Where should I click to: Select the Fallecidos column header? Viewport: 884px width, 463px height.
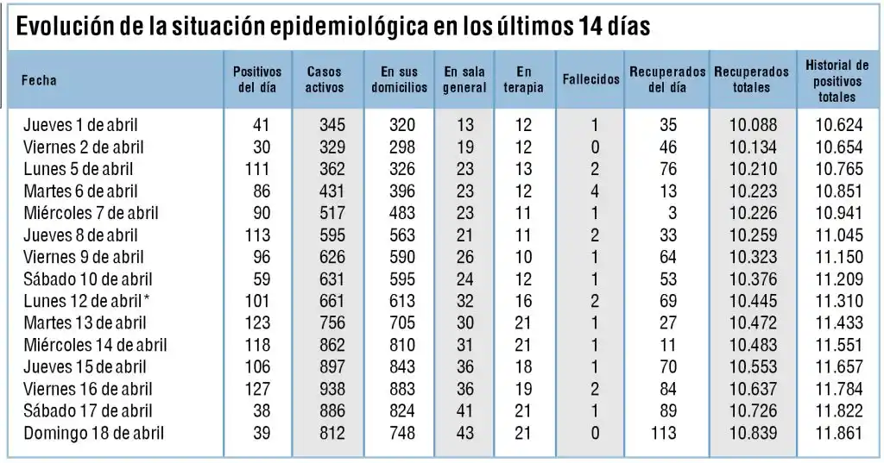click(590, 79)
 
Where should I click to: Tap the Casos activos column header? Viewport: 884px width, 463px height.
click(325, 79)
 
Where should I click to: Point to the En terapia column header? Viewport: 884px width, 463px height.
click(523, 79)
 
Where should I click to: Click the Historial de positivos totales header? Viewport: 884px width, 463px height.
click(837, 80)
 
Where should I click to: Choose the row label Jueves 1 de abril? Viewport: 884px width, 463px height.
click(80, 125)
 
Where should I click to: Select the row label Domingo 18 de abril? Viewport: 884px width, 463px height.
click(94, 433)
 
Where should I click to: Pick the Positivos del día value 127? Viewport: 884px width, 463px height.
click(257, 389)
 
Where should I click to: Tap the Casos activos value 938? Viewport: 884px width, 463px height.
click(331, 389)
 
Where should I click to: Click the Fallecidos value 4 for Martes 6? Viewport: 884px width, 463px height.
click(595, 191)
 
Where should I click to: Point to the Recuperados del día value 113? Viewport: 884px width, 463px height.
click(664, 433)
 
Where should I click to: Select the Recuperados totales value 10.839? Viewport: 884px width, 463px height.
click(753, 433)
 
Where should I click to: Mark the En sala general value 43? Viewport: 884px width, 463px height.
click(464, 433)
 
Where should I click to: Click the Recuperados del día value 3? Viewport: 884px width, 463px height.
click(672, 213)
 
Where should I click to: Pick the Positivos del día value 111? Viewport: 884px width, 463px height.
click(257, 169)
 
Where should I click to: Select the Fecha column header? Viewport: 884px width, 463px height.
click(39, 80)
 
